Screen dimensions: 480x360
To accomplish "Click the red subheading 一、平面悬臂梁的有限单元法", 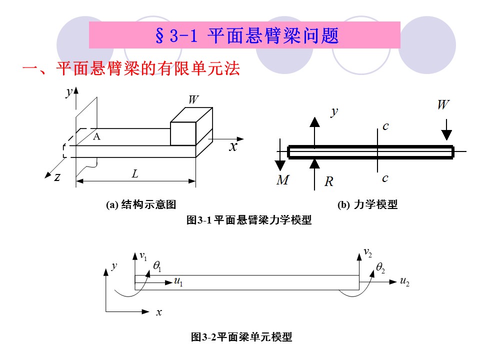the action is (131, 69).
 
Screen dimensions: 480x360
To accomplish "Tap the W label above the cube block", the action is (193, 99).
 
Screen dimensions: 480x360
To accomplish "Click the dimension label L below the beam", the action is (135, 174).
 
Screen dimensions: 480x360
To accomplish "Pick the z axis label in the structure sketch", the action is (58, 176).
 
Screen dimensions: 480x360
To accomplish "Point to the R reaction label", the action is (328, 181).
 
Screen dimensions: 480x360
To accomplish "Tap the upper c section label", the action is (385, 126).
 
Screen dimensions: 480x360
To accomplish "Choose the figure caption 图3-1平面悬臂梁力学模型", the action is (248, 220).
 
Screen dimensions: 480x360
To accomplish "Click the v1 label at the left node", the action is (143, 256).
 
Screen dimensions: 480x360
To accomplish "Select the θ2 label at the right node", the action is (381, 268).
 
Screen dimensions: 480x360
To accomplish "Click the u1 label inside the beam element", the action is (178, 281).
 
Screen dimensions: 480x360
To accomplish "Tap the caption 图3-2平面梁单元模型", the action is (241, 337).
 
